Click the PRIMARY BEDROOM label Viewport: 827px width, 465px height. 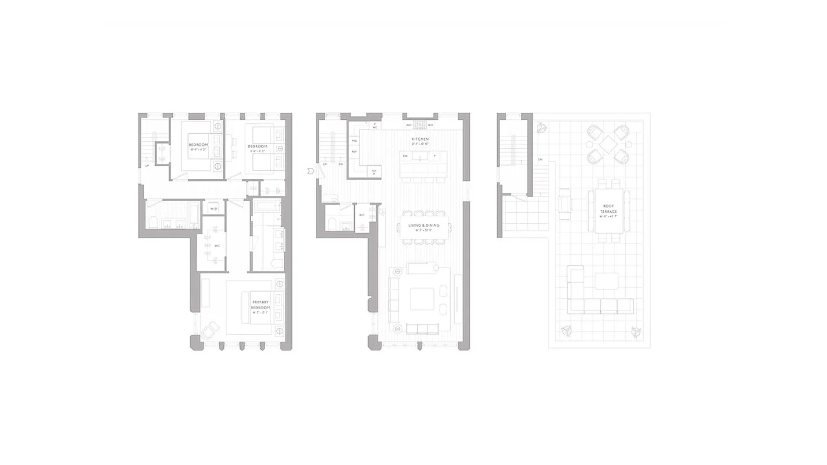point(260,306)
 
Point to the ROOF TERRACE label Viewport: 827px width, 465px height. point(608,209)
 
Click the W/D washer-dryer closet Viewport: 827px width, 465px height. point(213,208)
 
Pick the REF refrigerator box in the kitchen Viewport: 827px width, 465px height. point(354,152)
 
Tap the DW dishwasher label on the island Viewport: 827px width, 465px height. point(405,156)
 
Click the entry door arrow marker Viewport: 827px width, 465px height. point(311,171)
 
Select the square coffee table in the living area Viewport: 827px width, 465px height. point(422,299)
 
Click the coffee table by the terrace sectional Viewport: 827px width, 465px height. point(607,281)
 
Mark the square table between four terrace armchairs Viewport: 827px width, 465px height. point(608,144)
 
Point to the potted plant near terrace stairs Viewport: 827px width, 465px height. point(541,127)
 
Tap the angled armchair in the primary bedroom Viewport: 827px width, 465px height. point(209,330)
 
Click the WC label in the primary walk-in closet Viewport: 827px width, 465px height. point(217,246)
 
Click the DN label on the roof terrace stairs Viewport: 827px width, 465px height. point(540,159)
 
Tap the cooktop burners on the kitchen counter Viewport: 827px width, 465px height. point(420,125)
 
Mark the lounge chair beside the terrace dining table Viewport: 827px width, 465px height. point(565,204)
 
